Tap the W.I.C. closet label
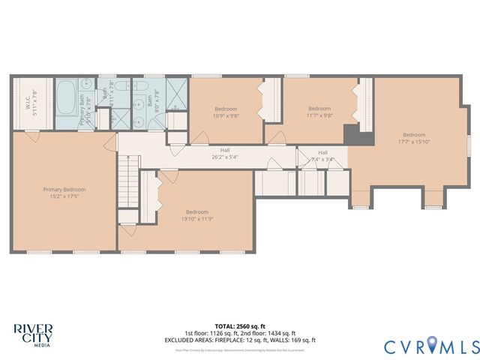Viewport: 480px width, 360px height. click(26, 98)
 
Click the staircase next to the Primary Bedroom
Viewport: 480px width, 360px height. click(128, 180)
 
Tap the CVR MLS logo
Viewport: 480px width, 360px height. click(431, 346)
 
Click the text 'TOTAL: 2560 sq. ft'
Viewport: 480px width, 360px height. click(240, 326)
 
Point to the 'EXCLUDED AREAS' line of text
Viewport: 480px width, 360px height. click(240, 340)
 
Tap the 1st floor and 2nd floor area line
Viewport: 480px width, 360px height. click(240, 333)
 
